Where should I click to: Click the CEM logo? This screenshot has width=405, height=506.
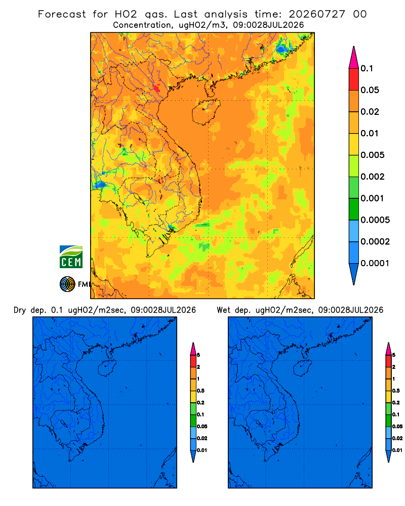[71, 257]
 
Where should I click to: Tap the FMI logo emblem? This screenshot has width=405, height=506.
[67, 284]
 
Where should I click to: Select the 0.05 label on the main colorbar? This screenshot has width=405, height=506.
[370, 90]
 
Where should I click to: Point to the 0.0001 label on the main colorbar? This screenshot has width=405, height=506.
[375, 263]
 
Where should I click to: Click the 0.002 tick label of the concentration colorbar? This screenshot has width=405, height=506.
[373, 177]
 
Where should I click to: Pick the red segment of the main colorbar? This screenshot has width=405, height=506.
[354, 79]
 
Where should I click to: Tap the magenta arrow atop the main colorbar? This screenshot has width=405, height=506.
[354, 58]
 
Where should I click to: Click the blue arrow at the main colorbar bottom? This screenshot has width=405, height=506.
[354, 274]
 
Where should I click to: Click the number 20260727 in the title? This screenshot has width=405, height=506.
[317, 14]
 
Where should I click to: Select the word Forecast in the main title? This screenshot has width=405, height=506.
[62, 14]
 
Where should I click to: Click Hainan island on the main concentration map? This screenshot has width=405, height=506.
[206, 112]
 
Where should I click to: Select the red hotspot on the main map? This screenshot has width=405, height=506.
[157, 88]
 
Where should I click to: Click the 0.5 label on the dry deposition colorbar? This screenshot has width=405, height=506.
[200, 391]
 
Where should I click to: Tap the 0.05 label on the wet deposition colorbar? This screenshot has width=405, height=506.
[397, 427]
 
